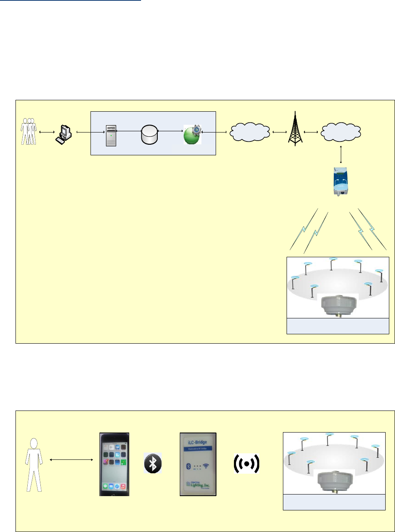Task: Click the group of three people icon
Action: [29, 132]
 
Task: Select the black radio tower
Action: [295, 129]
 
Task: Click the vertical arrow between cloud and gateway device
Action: [340, 154]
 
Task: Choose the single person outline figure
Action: [34, 465]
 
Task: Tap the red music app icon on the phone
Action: [122, 486]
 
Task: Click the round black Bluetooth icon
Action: [153, 463]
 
